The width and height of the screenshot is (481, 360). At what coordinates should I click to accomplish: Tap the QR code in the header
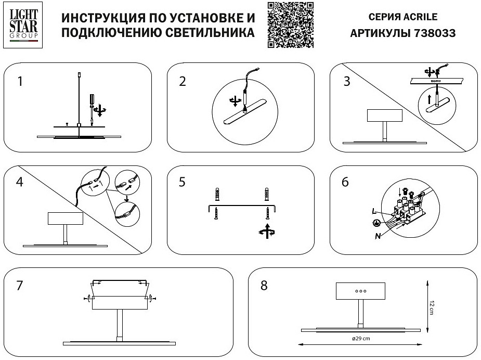point(291,25)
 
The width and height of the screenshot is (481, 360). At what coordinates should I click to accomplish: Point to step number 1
point(19,82)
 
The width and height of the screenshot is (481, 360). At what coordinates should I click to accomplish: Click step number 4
point(20,183)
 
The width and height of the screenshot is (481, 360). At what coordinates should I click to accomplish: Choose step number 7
point(20,286)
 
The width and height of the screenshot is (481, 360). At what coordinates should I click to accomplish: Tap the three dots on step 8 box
point(361,291)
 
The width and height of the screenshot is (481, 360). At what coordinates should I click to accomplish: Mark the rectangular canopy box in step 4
point(66,218)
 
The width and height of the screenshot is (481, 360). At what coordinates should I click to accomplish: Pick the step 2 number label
point(182,82)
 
